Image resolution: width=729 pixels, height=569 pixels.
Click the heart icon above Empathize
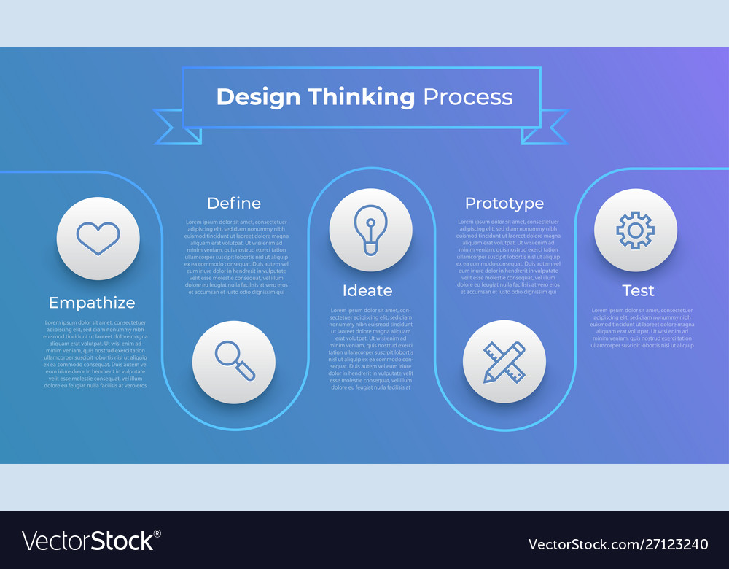[98, 239]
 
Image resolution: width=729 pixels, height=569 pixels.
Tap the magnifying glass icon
[234, 362]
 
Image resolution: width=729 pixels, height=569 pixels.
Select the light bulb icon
[370, 231]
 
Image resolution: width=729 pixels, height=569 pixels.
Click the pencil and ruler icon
[504, 362]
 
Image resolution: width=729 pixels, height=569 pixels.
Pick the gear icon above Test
[635, 231]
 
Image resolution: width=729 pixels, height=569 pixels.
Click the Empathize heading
[92, 302]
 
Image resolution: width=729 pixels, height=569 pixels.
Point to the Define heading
[233, 203]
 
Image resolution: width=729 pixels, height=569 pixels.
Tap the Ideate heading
[367, 290]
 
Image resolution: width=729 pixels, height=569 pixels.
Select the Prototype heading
[504, 203]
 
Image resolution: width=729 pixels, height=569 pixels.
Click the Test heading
[638, 290]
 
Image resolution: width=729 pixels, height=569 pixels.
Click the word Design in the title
[259, 97]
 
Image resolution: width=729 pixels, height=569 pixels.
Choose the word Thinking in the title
[361, 97]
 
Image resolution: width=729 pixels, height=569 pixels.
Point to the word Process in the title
[468, 97]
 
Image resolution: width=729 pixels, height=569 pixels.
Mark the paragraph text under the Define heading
[236, 257]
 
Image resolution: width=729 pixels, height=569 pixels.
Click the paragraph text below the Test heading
[642, 328]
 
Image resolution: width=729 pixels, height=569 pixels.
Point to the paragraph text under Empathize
[95, 354]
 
